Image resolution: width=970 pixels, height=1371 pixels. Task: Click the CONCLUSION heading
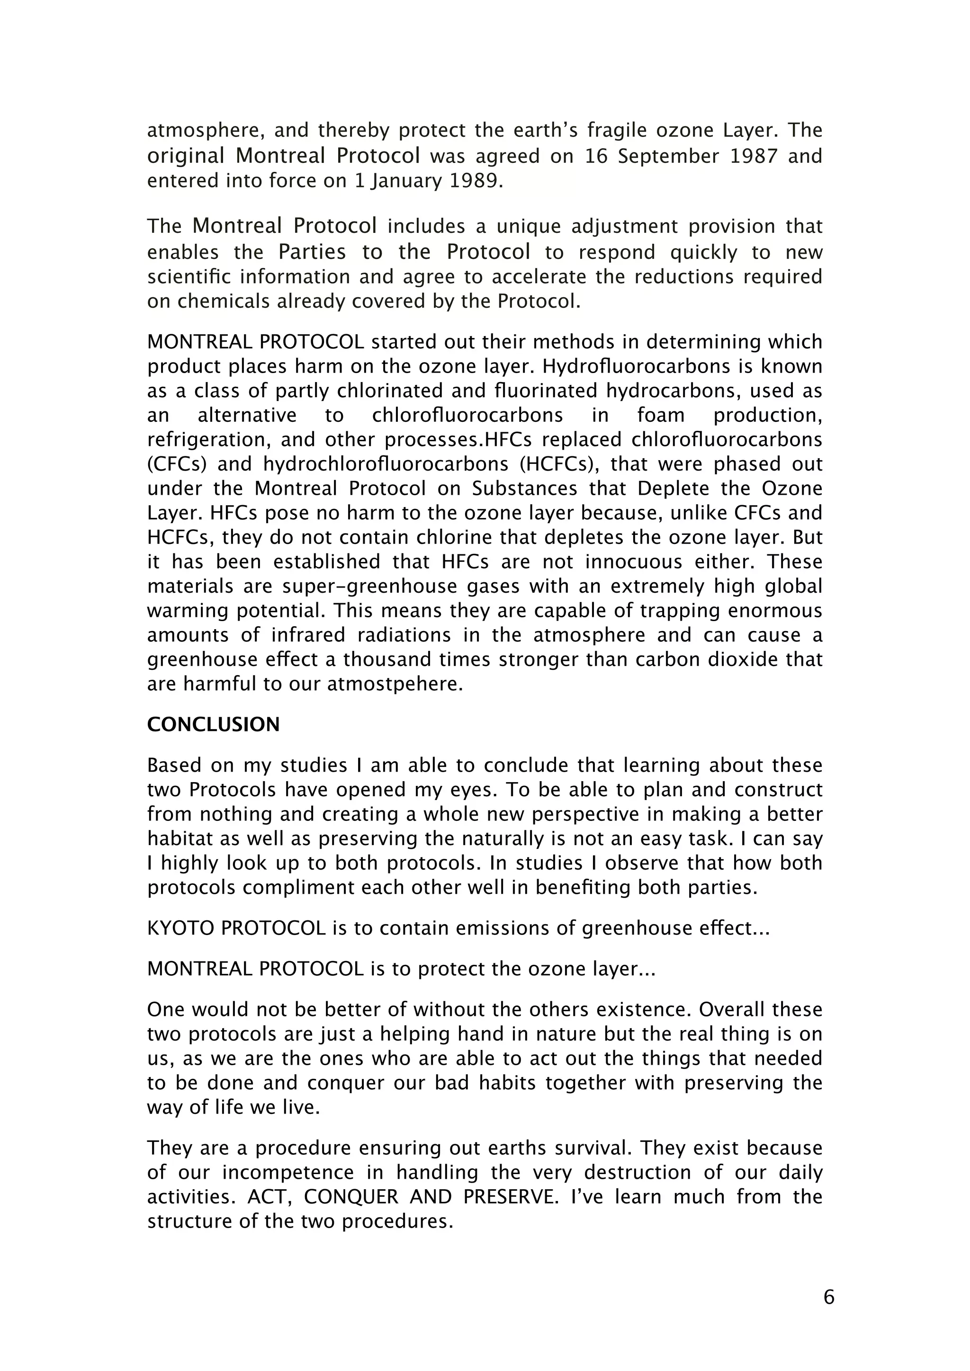(x=213, y=725)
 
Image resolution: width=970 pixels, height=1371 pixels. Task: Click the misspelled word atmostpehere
(x=395, y=684)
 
